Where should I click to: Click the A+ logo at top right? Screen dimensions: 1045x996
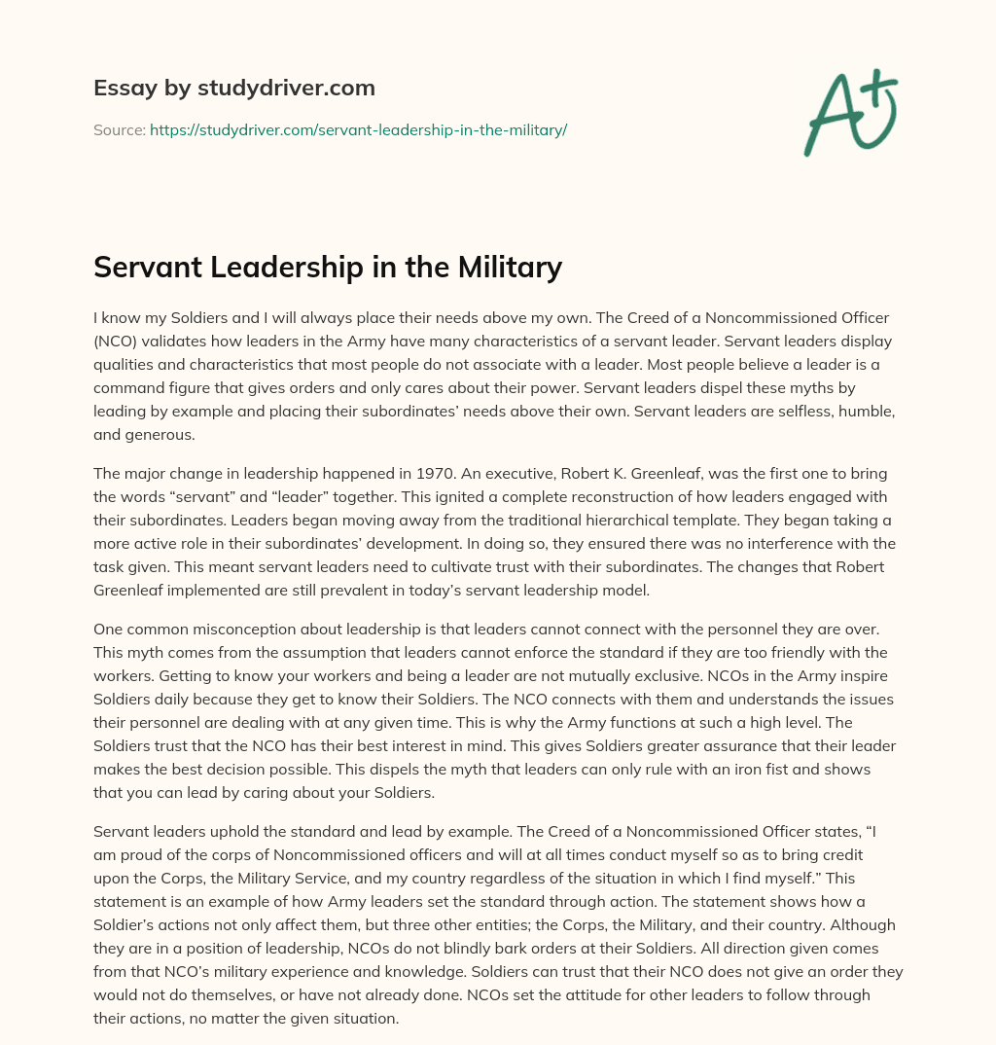tap(849, 113)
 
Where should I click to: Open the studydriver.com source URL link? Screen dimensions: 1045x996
tap(358, 129)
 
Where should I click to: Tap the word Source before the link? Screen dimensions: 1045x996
tap(119, 129)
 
